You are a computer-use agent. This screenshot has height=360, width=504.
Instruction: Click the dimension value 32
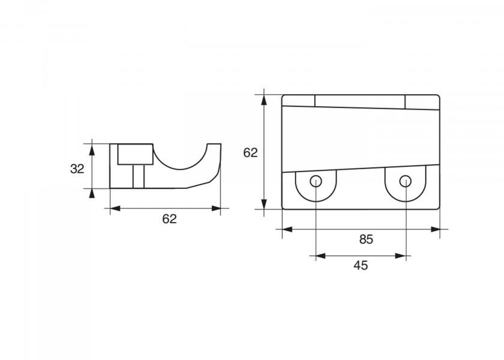(77, 169)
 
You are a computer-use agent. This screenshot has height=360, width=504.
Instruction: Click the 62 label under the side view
(169, 219)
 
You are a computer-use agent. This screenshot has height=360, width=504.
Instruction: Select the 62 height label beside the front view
(250, 152)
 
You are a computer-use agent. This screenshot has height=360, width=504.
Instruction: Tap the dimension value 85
(366, 239)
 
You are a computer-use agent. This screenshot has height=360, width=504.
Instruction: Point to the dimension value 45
(361, 265)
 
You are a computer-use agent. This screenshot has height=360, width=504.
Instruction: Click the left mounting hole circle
(316, 181)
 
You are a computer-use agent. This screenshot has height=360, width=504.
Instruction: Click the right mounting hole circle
(406, 181)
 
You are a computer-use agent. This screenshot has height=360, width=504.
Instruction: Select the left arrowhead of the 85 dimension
(287, 229)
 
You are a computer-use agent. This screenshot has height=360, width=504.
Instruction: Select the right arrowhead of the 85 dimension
(434, 229)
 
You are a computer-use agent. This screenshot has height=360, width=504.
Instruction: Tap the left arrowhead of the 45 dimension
(321, 256)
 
